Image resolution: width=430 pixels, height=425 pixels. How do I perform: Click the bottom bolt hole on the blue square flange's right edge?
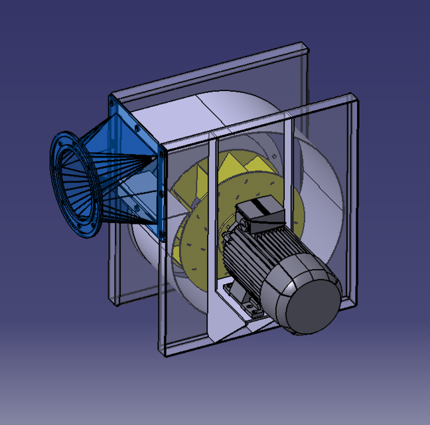(162, 234)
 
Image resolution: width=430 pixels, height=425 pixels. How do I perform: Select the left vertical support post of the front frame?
(211, 232)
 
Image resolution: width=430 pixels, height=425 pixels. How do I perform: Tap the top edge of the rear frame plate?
(212, 66)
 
